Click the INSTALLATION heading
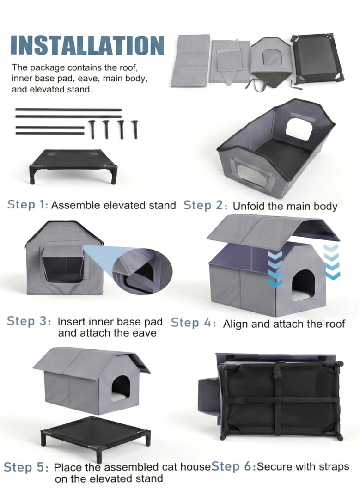(x=87, y=45)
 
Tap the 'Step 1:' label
(x=28, y=204)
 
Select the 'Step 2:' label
(x=205, y=205)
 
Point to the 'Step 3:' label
(x=29, y=321)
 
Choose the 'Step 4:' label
(x=194, y=323)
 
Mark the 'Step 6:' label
(x=234, y=466)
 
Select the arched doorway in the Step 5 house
(x=121, y=388)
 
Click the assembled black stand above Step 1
(x=73, y=165)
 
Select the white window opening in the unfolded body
(x=299, y=129)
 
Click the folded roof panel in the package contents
(x=191, y=61)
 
